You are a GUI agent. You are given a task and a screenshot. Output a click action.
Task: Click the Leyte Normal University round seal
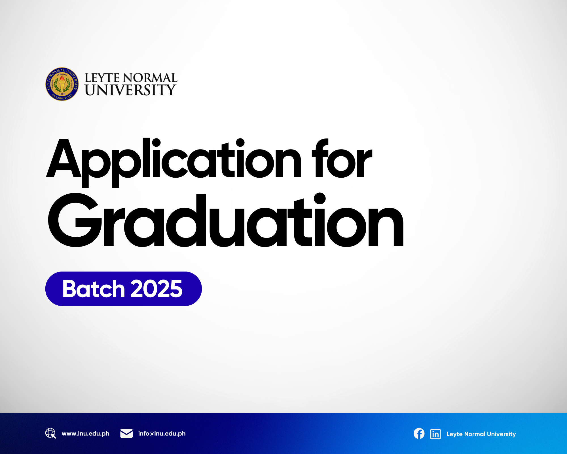[62, 84]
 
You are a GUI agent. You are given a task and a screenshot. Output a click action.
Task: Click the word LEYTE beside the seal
[102, 78]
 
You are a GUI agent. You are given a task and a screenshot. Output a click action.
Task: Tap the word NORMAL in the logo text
[150, 78]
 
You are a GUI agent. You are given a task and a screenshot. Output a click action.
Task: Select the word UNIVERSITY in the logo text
[130, 90]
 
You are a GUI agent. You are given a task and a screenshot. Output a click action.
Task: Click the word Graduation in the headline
[226, 220]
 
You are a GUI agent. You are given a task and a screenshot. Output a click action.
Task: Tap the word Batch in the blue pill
[94, 289]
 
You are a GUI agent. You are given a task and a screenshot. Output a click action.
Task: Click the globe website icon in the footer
[50, 433]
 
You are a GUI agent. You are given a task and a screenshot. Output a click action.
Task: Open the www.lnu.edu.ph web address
[85, 434]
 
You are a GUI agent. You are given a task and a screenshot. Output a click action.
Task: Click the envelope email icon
[126, 433]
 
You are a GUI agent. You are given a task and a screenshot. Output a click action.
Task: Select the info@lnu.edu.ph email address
[162, 434]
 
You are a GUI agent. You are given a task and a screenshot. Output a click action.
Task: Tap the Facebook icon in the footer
[419, 434]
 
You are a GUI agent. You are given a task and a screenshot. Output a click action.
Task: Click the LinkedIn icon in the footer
[435, 434]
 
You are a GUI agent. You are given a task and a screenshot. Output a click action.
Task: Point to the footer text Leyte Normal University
[481, 434]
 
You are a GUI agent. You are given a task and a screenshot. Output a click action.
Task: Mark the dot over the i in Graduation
[320, 198]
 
